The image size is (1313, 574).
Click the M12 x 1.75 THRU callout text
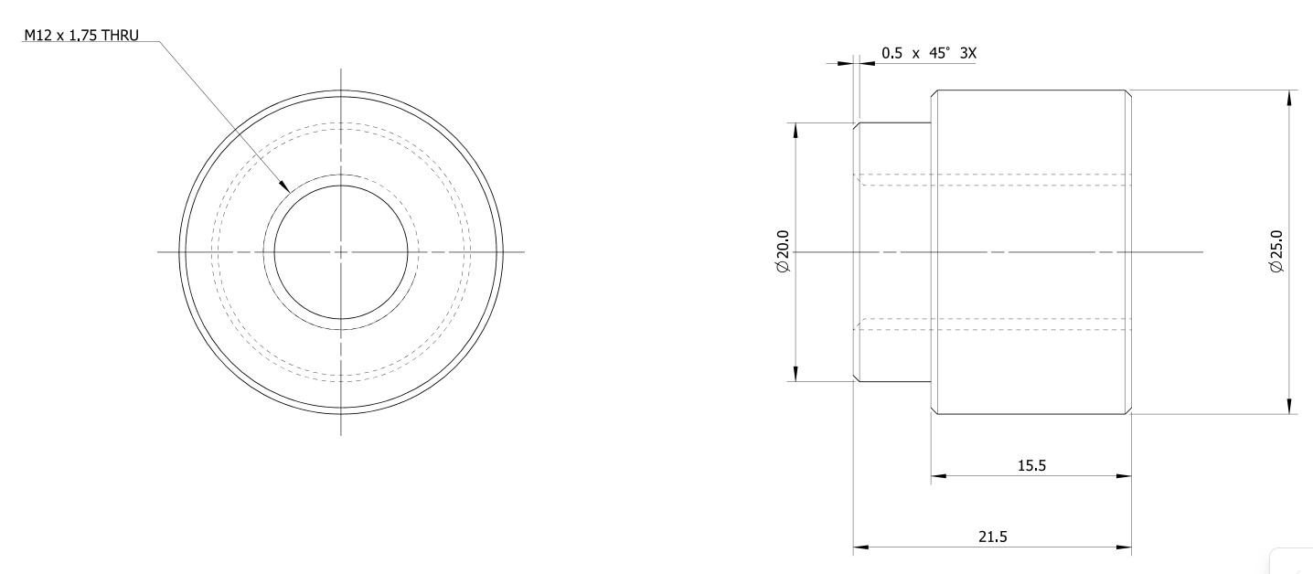tap(81, 35)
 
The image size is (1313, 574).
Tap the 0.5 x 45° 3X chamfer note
tap(929, 53)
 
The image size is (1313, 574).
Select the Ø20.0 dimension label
tap(783, 250)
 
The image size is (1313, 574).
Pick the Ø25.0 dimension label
tap(1276, 251)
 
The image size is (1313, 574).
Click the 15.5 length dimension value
tap(1031, 465)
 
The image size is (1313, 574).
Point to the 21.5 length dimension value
tap(992, 537)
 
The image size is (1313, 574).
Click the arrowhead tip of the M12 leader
tap(290, 192)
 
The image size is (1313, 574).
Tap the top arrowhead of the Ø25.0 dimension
tap(1288, 90)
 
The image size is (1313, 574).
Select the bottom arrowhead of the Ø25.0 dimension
tap(1288, 413)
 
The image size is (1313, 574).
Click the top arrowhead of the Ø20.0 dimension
tap(795, 123)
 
